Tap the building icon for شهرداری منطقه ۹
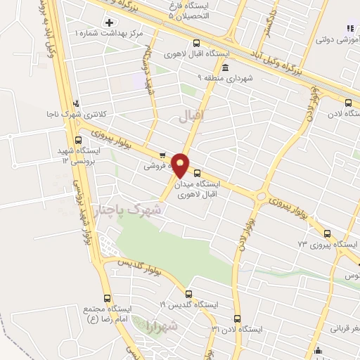click(224, 67)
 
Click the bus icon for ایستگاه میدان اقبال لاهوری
click(196, 172)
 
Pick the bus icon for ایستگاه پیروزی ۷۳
click(326, 234)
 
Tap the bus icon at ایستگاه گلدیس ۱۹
click(188, 294)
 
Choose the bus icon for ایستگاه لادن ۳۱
click(236, 319)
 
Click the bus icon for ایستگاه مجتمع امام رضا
click(107, 298)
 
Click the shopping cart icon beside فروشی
click(162, 155)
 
